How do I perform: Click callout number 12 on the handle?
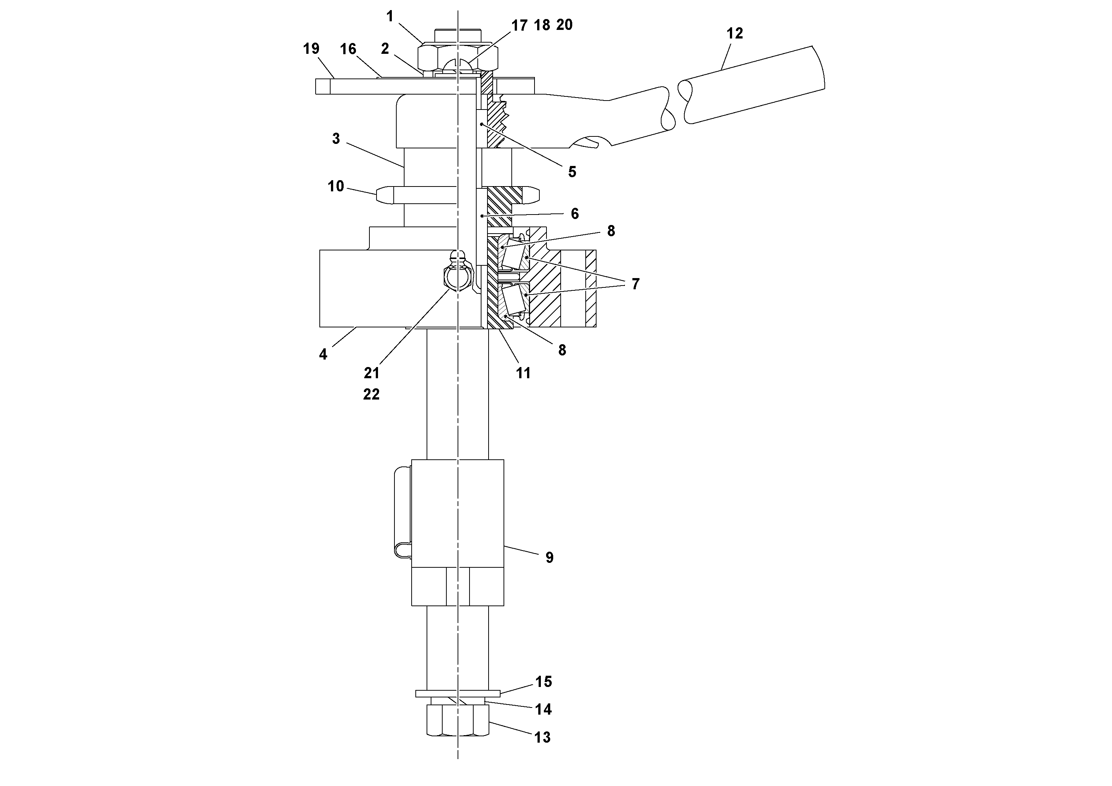point(734,33)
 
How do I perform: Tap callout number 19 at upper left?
point(311,49)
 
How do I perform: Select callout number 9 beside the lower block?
point(549,558)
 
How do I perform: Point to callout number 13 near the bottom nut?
point(542,737)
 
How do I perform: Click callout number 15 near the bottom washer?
point(543,682)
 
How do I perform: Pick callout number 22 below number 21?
point(371,394)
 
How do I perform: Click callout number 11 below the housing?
point(523,373)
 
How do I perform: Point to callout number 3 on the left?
point(336,139)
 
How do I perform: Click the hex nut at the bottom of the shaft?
point(458,720)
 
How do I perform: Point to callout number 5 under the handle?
point(572,172)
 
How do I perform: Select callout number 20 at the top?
point(564,25)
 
